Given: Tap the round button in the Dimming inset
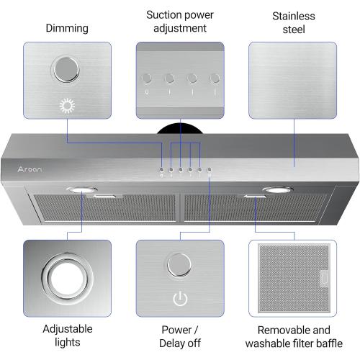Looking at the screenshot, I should pyautogui.click(x=66, y=71).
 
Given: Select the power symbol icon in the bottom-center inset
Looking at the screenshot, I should pyautogui.click(x=179, y=299).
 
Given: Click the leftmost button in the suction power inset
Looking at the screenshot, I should pyautogui.click(x=147, y=78).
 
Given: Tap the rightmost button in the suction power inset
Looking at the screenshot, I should pyautogui.click(x=214, y=78).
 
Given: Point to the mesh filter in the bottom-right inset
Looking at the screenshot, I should pyautogui.click(x=292, y=278).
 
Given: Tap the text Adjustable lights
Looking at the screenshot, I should pyautogui.click(x=67, y=336).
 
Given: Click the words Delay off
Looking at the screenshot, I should pyautogui.click(x=180, y=343).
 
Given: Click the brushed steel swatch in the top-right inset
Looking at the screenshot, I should pyautogui.click(x=292, y=80).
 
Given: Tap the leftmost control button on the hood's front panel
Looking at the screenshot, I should pyautogui.click(x=163, y=170).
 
